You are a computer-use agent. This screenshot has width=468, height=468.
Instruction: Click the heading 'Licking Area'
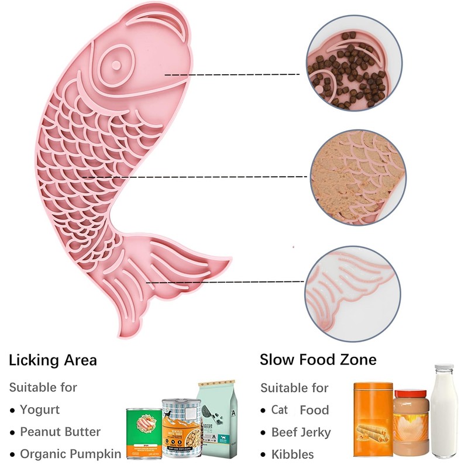(53, 360)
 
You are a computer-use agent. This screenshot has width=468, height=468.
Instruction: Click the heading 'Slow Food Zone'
(318, 359)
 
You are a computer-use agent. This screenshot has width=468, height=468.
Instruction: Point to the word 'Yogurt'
(40, 409)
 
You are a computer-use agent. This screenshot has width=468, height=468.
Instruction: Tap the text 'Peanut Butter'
(60, 432)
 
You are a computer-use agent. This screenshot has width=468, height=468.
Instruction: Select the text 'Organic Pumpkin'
(71, 454)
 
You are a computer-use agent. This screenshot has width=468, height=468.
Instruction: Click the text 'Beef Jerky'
(301, 432)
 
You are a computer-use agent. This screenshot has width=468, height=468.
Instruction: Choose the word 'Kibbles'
(292, 454)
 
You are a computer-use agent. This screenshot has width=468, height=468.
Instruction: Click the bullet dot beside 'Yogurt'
(12, 410)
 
